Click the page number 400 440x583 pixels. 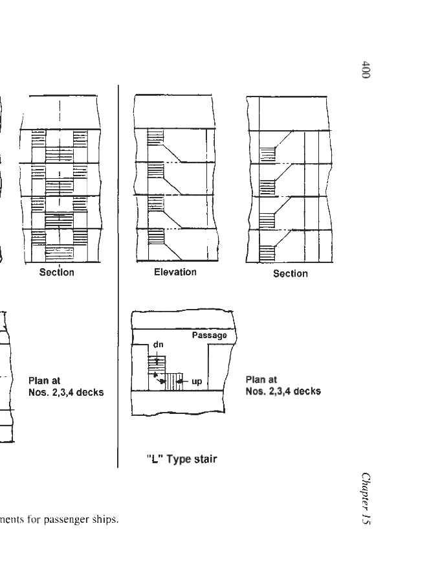point(366,70)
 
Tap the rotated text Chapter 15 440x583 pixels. point(366,499)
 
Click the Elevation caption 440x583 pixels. point(175,272)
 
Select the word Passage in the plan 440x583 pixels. point(209,336)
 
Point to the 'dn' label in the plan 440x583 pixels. point(158,345)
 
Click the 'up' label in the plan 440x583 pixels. point(197,382)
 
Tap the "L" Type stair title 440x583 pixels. point(181,459)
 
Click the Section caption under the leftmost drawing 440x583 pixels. point(57,272)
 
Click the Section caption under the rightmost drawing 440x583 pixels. point(290,273)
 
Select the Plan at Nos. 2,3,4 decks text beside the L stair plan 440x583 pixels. point(283,385)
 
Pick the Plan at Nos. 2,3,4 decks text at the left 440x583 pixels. point(65,387)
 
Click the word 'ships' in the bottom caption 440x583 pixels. point(107,520)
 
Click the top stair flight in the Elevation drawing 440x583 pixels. point(156,139)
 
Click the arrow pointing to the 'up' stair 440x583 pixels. point(183,382)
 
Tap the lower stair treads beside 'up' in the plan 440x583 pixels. point(171,382)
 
